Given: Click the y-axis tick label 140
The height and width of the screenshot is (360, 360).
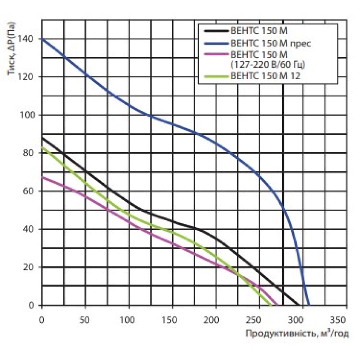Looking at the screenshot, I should (x=31, y=39).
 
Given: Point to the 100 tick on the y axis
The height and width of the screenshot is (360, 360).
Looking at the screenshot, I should (x=31, y=115).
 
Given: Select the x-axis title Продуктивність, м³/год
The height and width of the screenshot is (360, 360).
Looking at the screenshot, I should (x=297, y=334).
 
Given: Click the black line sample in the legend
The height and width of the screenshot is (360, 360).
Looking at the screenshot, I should (x=215, y=31).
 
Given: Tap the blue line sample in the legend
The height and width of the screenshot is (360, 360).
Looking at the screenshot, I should (x=215, y=43).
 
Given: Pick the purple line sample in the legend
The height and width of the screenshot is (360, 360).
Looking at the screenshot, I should (x=215, y=55).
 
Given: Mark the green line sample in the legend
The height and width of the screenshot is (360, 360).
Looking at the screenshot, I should (x=215, y=76).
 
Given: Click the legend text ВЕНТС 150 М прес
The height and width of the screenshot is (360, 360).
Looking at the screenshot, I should (x=270, y=43).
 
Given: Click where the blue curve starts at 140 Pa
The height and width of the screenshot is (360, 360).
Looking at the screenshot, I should (x=42, y=39).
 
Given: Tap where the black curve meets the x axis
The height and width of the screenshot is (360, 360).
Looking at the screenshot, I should (x=299, y=305).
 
